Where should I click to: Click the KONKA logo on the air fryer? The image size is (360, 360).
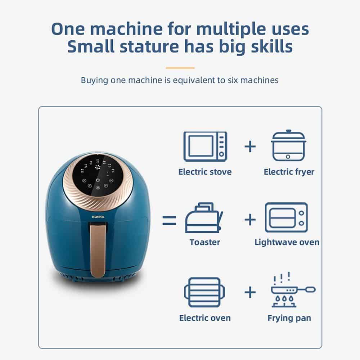click(98, 217)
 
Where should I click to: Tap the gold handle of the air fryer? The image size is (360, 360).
click(98, 250)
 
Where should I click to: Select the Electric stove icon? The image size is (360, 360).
click(205, 147)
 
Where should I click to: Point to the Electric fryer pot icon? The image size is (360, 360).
click(289, 145)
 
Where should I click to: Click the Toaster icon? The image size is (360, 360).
click(204, 218)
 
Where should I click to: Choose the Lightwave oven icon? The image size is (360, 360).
click(286, 217)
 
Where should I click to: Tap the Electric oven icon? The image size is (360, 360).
click(204, 292)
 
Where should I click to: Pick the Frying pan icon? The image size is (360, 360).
click(293, 290)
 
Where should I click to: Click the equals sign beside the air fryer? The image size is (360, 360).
click(169, 220)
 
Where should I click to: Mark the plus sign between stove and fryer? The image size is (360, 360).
click(250, 147)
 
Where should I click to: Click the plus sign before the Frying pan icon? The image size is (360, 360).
click(250, 292)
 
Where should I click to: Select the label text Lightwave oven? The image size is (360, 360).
click(287, 242)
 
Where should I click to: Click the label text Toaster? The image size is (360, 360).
click(205, 242)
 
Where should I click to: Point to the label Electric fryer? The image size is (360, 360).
click(289, 172)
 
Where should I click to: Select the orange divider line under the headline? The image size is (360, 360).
click(180, 68)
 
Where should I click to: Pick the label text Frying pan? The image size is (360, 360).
click(289, 318)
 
